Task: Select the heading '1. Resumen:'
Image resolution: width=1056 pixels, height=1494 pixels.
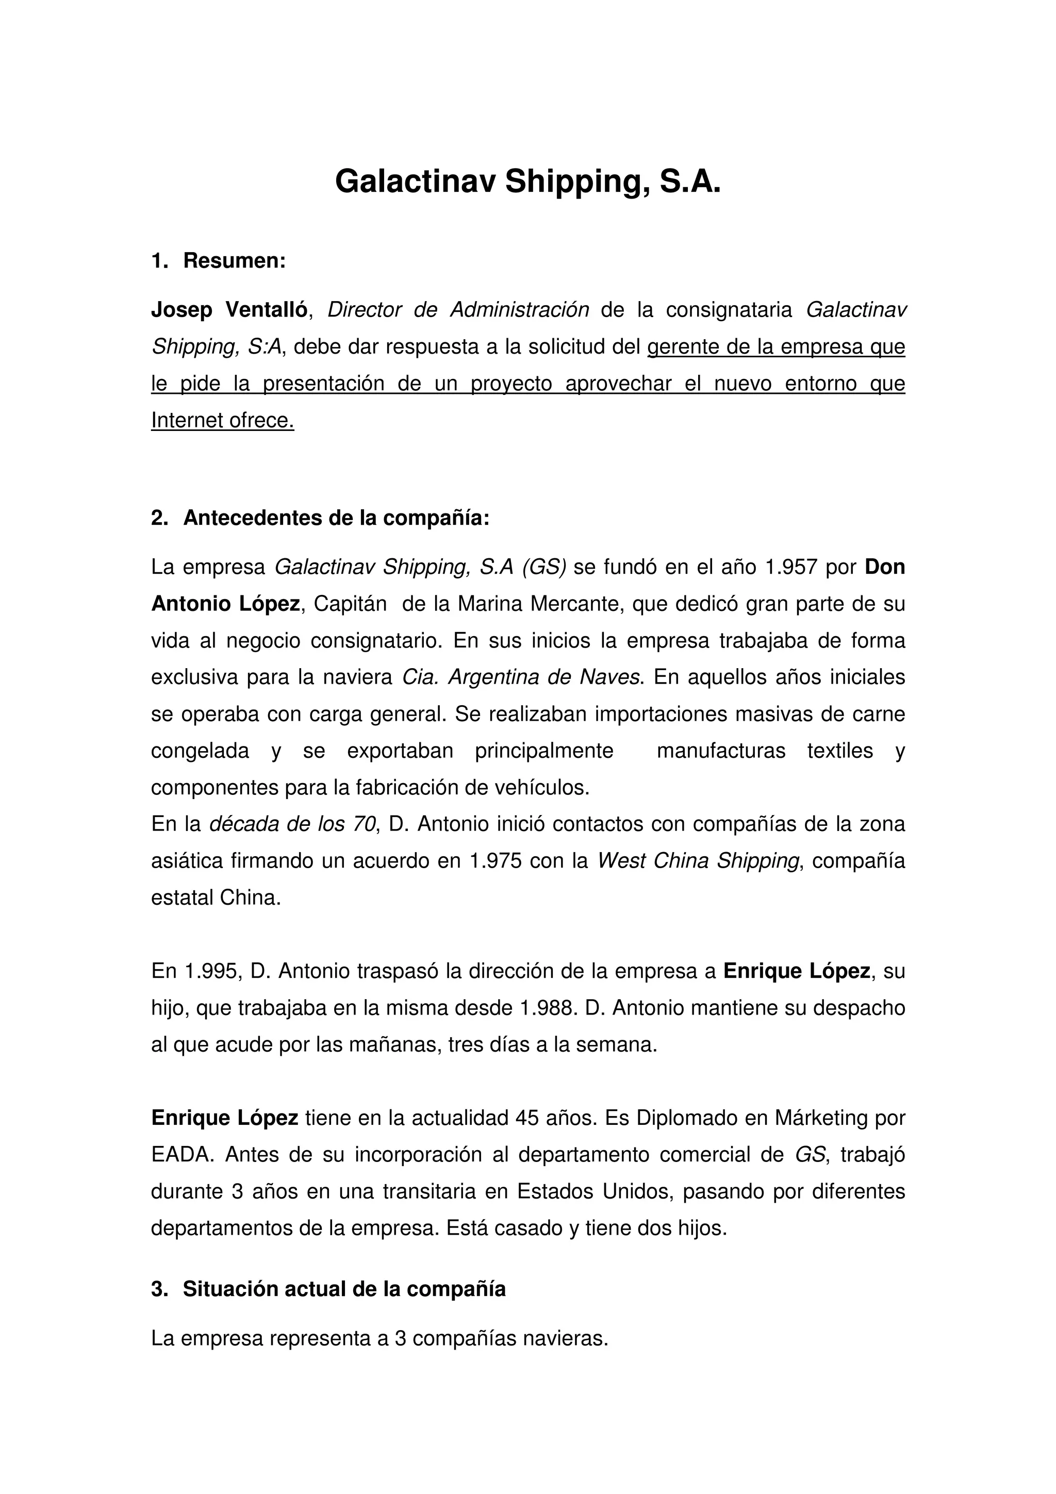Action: (x=219, y=261)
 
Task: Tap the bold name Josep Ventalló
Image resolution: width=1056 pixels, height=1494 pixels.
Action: (x=229, y=310)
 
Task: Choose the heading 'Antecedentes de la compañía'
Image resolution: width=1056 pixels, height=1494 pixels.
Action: (x=336, y=518)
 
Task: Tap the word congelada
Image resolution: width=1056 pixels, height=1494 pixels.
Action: (x=200, y=751)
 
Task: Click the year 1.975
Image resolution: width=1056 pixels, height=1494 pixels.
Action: (x=495, y=861)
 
